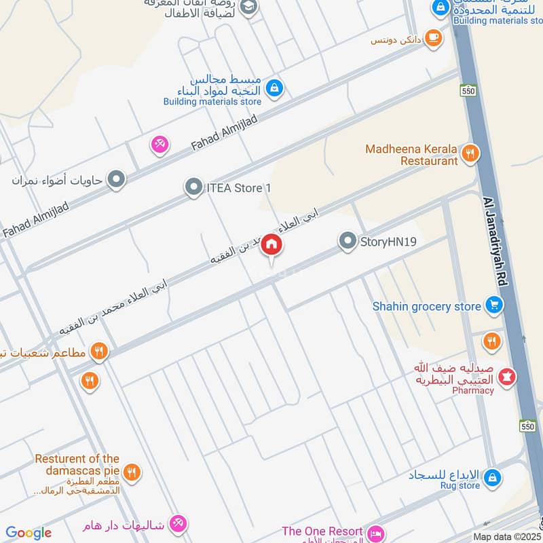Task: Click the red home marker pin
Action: coord(271,244)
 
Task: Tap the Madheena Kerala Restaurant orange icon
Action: coord(469,154)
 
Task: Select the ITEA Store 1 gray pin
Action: coord(194,187)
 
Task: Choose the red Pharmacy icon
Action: coord(506,375)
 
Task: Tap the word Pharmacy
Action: coord(472,391)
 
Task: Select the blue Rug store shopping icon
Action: coord(493,477)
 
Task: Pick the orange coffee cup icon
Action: coord(433,38)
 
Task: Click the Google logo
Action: coord(28,533)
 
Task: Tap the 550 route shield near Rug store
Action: coord(528,426)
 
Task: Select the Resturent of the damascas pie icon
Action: coord(132,472)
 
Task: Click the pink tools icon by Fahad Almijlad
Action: coord(160,144)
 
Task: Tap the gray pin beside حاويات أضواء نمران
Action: coord(117,180)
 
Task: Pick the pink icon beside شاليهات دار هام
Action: coord(178,523)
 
